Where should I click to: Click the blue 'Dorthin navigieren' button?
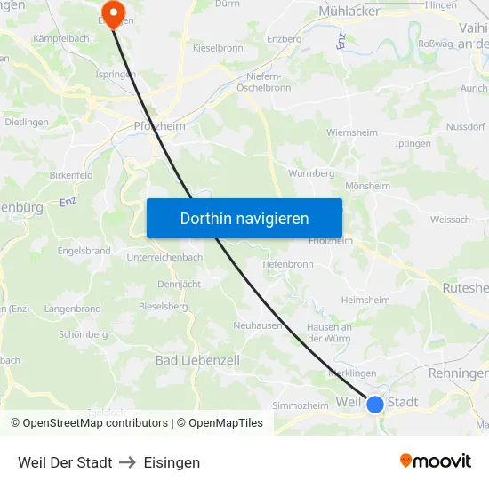pos(244,218)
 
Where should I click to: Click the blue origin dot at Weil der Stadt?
pos(375,404)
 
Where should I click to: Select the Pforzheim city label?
pos(159,126)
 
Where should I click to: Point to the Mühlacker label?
pos(349,12)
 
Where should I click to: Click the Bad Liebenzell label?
pos(197,360)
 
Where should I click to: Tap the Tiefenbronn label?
pos(287,264)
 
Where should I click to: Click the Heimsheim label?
pos(365,301)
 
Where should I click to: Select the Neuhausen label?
pos(258,325)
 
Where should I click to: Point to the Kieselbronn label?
pos(219,47)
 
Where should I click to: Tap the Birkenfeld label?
pos(71,175)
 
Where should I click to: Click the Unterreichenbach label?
pos(164,257)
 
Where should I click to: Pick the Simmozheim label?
pos(300,405)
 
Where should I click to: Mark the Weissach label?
pos(450,219)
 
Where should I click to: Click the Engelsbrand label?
pos(84,251)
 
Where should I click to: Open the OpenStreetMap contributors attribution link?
pos(95,423)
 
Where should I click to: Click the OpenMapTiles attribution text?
pos(225,423)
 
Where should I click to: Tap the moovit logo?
pos(436,461)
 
